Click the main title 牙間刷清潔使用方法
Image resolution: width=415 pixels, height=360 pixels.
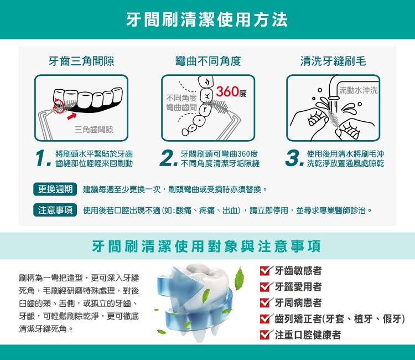[x=207, y=19]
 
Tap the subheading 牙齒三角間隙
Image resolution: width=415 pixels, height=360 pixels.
[x=81, y=61]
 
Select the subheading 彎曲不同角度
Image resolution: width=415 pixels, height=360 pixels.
[x=208, y=61]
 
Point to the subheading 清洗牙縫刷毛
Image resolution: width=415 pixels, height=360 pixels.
[x=333, y=61]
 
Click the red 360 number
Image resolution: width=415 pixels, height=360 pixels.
[x=227, y=91]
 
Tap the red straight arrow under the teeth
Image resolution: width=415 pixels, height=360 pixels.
[x=71, y=116]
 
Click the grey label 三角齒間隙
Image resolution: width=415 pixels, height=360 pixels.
[x=94, y=130]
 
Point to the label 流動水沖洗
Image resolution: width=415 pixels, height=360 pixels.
[x=358, y=90]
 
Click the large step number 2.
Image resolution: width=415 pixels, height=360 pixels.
[x=168, y=158]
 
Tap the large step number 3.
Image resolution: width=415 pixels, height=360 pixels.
[x=294, y=158]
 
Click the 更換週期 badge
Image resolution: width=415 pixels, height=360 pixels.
[x=55, y=189]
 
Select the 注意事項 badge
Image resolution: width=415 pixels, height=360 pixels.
[x=55, y=210]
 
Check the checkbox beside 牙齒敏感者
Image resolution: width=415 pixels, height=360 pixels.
[x=265, y=270]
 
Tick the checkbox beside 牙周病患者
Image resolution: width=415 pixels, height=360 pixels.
[x=265, y=302]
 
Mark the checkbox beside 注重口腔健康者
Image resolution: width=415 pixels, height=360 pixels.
[x=265, y=335]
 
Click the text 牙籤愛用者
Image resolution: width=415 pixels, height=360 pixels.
[x=298, y=287]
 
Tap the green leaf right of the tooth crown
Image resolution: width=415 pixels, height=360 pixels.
[x=240, y=279]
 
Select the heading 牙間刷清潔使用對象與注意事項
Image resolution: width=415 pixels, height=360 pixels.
[x=206, y=246]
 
